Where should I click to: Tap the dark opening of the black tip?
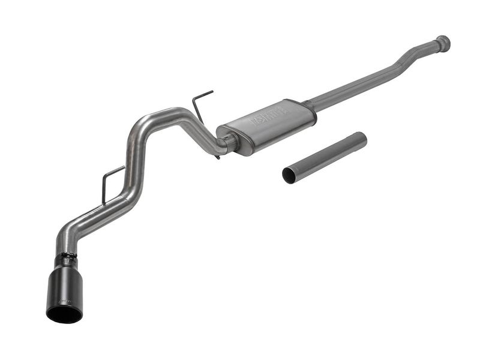pyautogui.click(x=64, y=313)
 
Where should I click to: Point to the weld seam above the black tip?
pyautogui.click(x=66, y=256)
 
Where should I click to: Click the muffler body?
pyautogui.click(x=267, y=125)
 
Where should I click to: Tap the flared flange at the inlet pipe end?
pyautogui.click(x=443, y=43)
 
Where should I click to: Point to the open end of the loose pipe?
pyautogui.click(x=289, y=175)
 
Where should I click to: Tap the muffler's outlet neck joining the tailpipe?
pyautogui.click(x=229, y=142)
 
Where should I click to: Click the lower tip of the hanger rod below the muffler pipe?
pyautogui.click(x=217, y=157)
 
